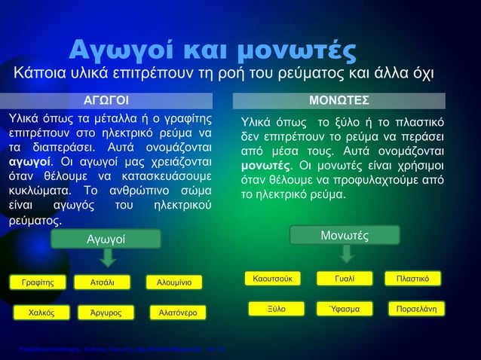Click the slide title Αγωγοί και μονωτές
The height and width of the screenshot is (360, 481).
pyautogui.click(x=212, y=50)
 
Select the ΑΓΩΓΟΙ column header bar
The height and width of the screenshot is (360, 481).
pyautogui.click(x=106, y=101)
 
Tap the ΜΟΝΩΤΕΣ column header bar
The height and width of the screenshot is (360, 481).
pyautogui.click(x=339, y=101)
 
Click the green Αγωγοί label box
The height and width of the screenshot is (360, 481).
pyautogui.click(x=106, y=239)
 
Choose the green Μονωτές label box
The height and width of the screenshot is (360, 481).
pyautogui.click(x=345, y=236)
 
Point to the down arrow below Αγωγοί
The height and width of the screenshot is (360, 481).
pyautogui.click(x=107, y=258)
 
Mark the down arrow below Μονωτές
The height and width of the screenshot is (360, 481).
pyautogui.click(x=346, y=254)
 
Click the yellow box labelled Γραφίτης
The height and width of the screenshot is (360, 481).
pyautogui.click(x=38, y=283)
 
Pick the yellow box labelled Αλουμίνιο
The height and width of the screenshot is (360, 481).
pyautogui.click(x=174, y=283)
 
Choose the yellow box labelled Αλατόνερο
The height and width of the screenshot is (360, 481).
pyautogui.click(x=174, y=312)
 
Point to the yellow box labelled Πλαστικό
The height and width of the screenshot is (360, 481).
pyautogui.click(x=413, y=279)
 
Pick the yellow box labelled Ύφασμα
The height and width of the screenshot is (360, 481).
pyautogui.click(x=345, y=309)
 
